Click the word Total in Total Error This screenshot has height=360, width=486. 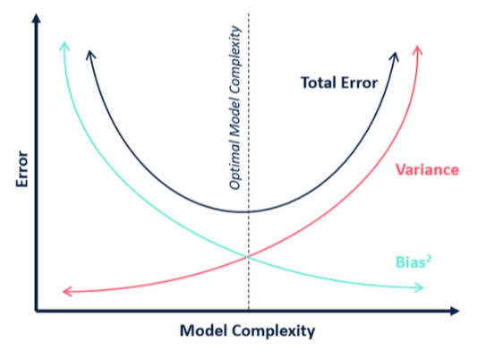(x=318, y=82)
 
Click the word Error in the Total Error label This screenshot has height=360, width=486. (x=359, y=82)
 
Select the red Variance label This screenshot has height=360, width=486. (x=428, y=170)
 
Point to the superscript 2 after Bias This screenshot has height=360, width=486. (x=429, y=258)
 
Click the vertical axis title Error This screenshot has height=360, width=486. (x=22, y=169)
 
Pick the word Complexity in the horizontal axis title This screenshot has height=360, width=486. (x=273, y=331)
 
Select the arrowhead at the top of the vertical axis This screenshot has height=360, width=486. (x=37, y=18)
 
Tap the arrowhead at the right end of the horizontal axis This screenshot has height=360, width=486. (x=455, y=311)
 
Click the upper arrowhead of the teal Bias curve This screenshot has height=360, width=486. (x=64, y=46)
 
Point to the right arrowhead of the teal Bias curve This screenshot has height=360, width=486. (x=419, y=287)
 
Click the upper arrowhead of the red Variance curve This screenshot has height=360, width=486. (x=417, y=50)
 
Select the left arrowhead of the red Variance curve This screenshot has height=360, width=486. (x=67, y=291)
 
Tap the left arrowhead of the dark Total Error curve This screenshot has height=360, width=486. (x=90, y=55)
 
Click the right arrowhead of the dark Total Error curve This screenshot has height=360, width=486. (x=395, y=56)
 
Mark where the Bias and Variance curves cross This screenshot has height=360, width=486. (x=248, y=256)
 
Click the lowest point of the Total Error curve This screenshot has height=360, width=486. (x=243, y=212)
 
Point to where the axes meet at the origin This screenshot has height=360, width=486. (x=37, y=311)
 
